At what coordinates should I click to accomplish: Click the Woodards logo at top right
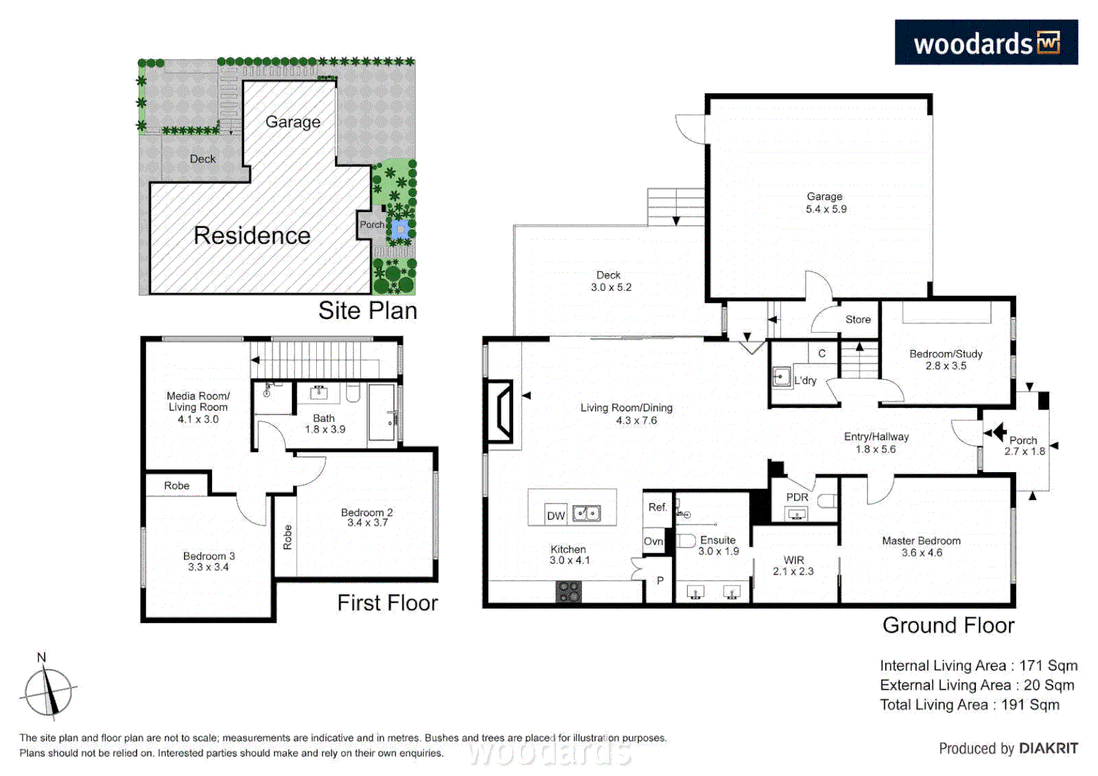click(x=985, y=43)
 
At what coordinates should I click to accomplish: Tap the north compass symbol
click(x=47, y=691)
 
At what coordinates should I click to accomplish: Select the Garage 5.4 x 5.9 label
click(x=825, y=203)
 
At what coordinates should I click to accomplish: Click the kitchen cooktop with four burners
click(x=568, y=591)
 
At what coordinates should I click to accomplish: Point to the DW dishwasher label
click(x=555, y=515)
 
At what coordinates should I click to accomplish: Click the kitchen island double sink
click(x=586, y=514)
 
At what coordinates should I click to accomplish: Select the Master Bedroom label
click(x=921, y=547)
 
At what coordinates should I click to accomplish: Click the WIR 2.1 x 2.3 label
click(x=793, y=565)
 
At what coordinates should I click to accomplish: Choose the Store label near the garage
click(x=857, y=320)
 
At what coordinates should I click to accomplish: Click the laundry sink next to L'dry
click(x=781, y=376)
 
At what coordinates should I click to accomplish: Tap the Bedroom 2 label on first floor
click(x=366, y=517)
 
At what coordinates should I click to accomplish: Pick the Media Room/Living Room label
click(x=198, y=407)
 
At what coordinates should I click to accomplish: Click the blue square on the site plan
click(x=400, y=229)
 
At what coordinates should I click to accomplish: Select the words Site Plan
click(x=367, y=310)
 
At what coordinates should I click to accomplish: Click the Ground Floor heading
click(x=948, y=625)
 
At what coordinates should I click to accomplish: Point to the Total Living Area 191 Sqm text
click(x=969, y=705)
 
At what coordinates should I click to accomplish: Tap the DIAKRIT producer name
click(x=1048, y=749)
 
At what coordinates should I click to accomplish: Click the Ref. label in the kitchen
click(x=658, y=507)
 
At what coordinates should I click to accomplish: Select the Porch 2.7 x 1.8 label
click(x=1024, y=445)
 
